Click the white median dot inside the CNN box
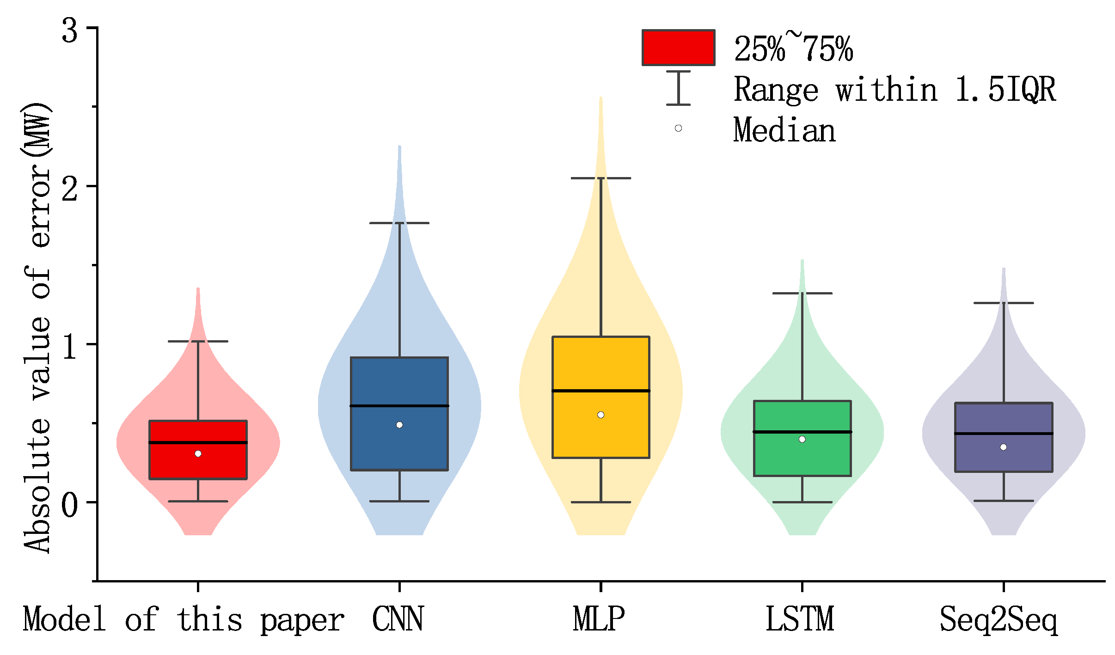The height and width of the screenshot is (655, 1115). (x=399, y=425)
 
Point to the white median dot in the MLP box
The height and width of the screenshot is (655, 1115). (x=600, y=415)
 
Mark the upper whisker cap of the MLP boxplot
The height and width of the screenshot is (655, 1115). (x=600, y=178)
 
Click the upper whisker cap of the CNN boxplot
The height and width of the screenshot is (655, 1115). (x=399, y=223)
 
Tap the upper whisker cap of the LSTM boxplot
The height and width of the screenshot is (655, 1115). (x=802, y=293)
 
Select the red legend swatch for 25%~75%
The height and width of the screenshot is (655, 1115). (x=678, y=48)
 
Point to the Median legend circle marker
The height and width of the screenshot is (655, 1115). (x=678, y=128)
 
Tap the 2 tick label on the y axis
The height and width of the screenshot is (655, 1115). (x=70, y=189)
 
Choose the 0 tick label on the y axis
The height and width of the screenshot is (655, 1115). (x=70, y=505)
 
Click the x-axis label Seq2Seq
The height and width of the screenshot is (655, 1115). (x=999, y=619)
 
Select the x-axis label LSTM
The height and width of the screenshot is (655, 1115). (x=800, y=619)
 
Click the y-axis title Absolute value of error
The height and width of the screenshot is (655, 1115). (x=37, y=328)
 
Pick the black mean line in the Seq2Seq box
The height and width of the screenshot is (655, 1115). (x=1004, y=434)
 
